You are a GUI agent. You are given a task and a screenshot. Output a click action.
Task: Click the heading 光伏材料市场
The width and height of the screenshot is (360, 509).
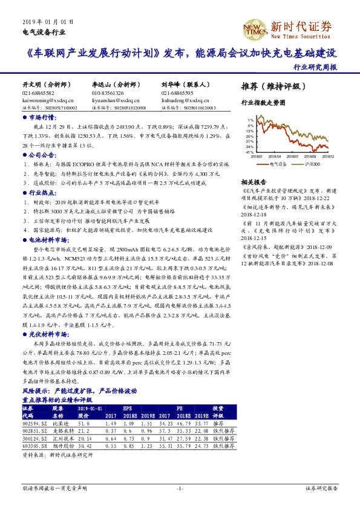click(x=45, y=333)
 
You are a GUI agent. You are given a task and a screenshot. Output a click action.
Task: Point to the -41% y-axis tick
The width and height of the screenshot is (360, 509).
click(x=249, y=152)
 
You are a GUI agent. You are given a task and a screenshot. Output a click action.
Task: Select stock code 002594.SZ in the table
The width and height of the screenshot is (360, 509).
click(x=33, y=423)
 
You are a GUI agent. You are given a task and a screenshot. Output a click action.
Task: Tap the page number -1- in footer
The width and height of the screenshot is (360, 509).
click(x=180, y=487)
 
